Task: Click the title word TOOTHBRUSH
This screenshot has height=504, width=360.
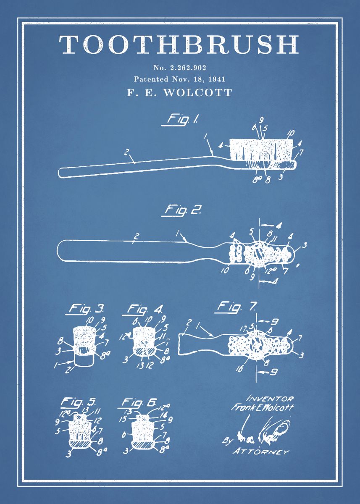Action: pyautogui.click(x=179, y=45)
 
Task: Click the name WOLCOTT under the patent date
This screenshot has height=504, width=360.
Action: pyautogui.click(x=197, y=92)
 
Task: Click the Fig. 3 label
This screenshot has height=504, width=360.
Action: pyautogui.click(x=85, y=310)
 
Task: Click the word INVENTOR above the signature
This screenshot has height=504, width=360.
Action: pyautogui.click(x=270, y=398)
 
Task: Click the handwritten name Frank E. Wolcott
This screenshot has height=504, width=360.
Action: pyautogui.click(x=262, y=407)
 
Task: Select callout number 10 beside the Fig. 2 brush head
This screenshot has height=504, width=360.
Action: pyautogui.click(x=226, y=270)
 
